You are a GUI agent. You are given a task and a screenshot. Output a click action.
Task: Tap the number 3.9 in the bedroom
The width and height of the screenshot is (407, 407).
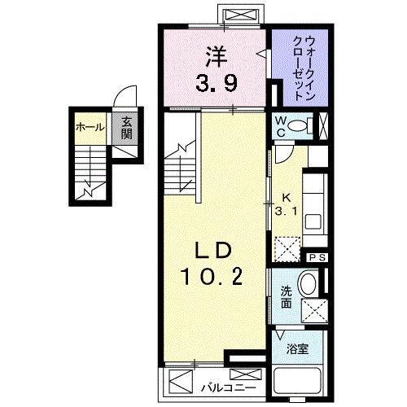pyautogui.click(x=216, y=81)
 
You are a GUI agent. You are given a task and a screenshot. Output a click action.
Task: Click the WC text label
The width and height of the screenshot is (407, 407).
pyautogui.click(x=279, y=127)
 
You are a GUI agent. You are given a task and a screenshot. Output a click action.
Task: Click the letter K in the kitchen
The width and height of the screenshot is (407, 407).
pyautogui.click(x=287, y=197)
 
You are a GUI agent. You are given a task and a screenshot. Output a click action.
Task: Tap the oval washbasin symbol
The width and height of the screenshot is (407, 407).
pyautogui.click(x=309, y=284)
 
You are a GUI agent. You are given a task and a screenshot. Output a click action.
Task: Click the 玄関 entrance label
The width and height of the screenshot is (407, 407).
pyautogui.click(x=127, y=129)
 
